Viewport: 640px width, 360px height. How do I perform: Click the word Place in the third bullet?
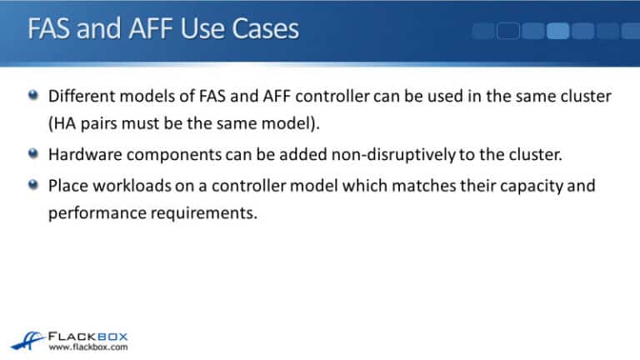pos(67,185)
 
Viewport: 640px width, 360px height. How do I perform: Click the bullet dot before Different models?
pos(32,97)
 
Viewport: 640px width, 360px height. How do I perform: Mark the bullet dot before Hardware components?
pos(32,154)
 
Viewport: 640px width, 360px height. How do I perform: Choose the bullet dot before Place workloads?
pos(32,185)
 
